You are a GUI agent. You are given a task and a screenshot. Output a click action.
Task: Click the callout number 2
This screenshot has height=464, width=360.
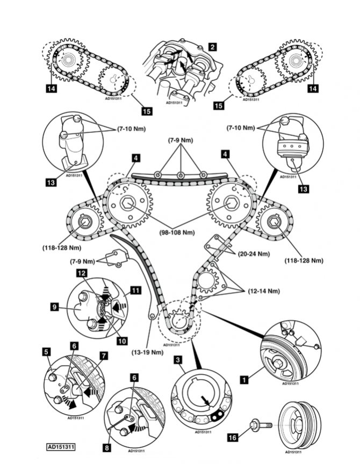(x=213, y=47)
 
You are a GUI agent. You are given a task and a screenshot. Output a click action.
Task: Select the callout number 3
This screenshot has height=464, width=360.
(x=176, y=361)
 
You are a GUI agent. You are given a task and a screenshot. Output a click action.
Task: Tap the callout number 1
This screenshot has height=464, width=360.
(x=244, y=380)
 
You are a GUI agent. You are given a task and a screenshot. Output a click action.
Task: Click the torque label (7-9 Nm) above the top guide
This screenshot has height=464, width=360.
(x=179, y=141)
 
